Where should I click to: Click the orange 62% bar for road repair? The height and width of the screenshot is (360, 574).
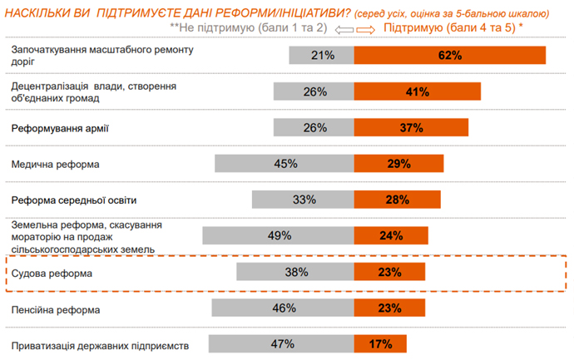click(x=449, y=56)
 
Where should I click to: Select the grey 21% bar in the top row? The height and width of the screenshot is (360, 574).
click(x=322, y=56)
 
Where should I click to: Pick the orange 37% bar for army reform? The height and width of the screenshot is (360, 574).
click(x=411, y=128)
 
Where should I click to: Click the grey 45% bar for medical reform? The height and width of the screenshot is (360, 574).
click(x=285, y=164)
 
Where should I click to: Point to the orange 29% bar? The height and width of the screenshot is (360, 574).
click(x=398, y=164)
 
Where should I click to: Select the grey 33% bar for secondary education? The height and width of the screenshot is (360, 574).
click(x=304, y=200)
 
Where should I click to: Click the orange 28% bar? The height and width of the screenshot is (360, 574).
click(x=397, y=200)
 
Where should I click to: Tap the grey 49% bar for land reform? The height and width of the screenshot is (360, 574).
click(x=278, y=235)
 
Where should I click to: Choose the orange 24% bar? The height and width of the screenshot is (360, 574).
click(x=391, y=235)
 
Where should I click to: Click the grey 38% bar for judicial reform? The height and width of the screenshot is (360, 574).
click(x=295, y=272)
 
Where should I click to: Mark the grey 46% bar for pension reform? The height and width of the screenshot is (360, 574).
click(x=283, y=308)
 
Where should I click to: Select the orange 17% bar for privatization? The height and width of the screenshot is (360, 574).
click(x=380, y=344)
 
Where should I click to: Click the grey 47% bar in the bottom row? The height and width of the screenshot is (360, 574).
click(x=281, y=344)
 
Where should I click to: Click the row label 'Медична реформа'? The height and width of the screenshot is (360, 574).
click(x=55, y=165)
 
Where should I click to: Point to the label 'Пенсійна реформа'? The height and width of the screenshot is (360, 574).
click(x=56, y=309)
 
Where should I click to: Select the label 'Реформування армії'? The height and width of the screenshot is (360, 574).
click(x=60, y=129)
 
